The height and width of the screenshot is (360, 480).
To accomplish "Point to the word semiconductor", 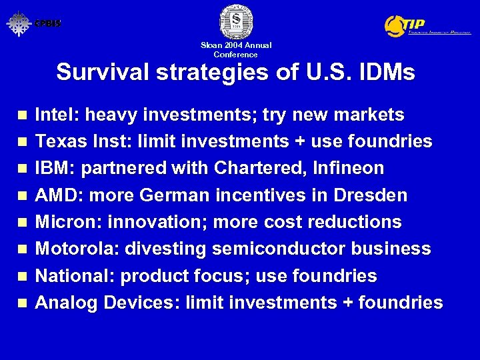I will pos(274,249).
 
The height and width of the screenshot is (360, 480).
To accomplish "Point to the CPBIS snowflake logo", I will pos(19,23).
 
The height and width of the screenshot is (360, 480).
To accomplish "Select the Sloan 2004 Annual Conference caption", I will pos(236,50).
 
